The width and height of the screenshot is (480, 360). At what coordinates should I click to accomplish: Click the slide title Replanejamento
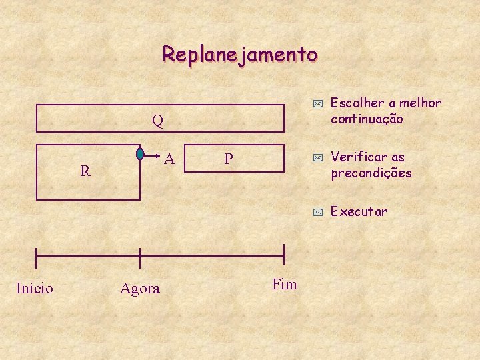point(240,53)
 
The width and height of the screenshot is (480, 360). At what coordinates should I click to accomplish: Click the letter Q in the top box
point(157,121)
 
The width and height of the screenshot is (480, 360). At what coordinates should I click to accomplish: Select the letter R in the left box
point(85,171)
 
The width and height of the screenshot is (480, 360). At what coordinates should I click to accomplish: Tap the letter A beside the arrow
point(170,159)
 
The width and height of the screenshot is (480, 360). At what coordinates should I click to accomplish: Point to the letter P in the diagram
point(229,159)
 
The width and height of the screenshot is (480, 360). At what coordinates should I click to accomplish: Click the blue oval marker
point(140,154)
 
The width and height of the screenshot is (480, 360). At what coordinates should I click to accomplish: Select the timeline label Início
point(35,288)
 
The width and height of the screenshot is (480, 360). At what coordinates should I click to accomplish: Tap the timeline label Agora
point(140,289)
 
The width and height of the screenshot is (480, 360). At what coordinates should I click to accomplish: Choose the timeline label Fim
point(285,284)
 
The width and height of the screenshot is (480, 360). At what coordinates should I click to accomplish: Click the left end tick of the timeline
point(36,255)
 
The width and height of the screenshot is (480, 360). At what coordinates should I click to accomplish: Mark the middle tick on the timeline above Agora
point(140,255)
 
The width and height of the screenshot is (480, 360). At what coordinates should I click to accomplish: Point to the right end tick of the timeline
point(284,255)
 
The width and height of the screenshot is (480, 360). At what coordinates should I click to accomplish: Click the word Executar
point(359,212)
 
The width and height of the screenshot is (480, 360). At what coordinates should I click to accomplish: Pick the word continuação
point(367,119)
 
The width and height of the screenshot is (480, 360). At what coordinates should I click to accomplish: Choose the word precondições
point(371,173)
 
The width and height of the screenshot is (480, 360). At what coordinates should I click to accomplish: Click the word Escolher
point(357,103)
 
